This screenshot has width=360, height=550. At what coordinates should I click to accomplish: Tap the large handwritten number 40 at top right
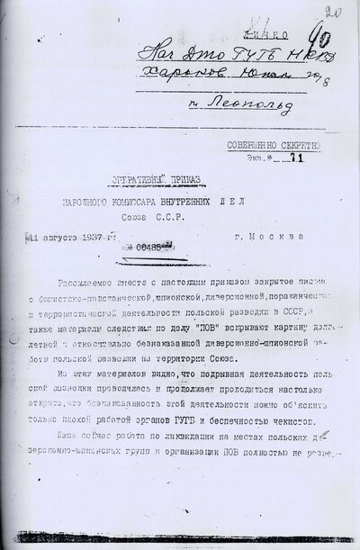(x=318, y=41)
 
